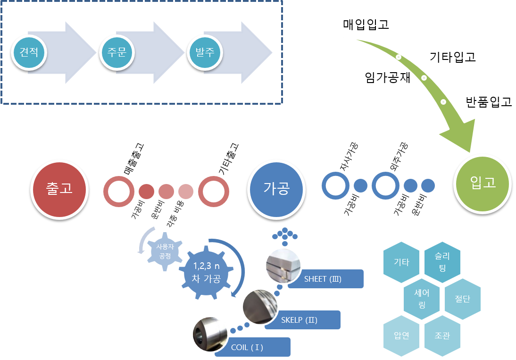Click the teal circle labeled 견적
coord(29,51)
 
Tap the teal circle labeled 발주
coord(205,51)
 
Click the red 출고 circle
coord(59,189)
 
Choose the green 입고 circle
coord(483,183)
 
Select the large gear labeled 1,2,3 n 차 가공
coord(206,273)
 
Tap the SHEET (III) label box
coord(325,279)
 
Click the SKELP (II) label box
coord(302,320)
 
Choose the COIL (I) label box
coord(253,348)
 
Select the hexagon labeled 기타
coord(401,262)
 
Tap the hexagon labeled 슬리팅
coord(442,261)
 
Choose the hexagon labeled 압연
coord(401,336)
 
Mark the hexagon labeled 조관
coord(442,336)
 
